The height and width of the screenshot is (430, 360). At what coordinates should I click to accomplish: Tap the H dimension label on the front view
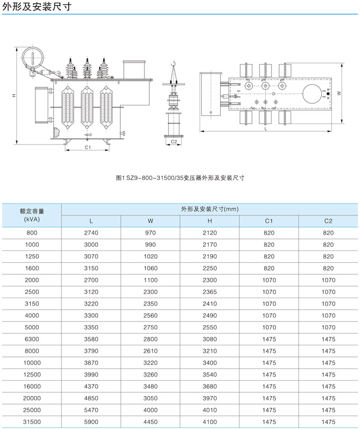click(14, 96)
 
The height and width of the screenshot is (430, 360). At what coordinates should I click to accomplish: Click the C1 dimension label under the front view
click(87, 147)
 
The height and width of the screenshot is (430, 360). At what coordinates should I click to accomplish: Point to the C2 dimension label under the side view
click(174, 142)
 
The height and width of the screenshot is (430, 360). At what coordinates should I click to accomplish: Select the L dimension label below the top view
click(266, 129)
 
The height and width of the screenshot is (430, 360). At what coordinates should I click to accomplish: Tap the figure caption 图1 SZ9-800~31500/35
click(179, 178)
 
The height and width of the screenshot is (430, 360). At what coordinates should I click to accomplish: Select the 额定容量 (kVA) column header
click(32, 214)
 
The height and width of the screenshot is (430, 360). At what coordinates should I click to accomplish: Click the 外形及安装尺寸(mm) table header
click(210, 209)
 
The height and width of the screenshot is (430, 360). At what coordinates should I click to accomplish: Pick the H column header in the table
click(210, 221)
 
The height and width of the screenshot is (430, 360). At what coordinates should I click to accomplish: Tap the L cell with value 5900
click(91, 422)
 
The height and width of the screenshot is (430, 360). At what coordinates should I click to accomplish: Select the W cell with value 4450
click(150, 422)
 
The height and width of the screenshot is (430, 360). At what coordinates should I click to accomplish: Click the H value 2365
click(210, 292)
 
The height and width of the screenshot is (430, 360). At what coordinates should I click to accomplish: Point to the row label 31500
click(32, 422)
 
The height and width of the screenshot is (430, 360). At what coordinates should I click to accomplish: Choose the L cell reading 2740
click(91, 233)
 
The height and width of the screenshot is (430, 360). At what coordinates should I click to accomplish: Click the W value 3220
click(150, 363)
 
